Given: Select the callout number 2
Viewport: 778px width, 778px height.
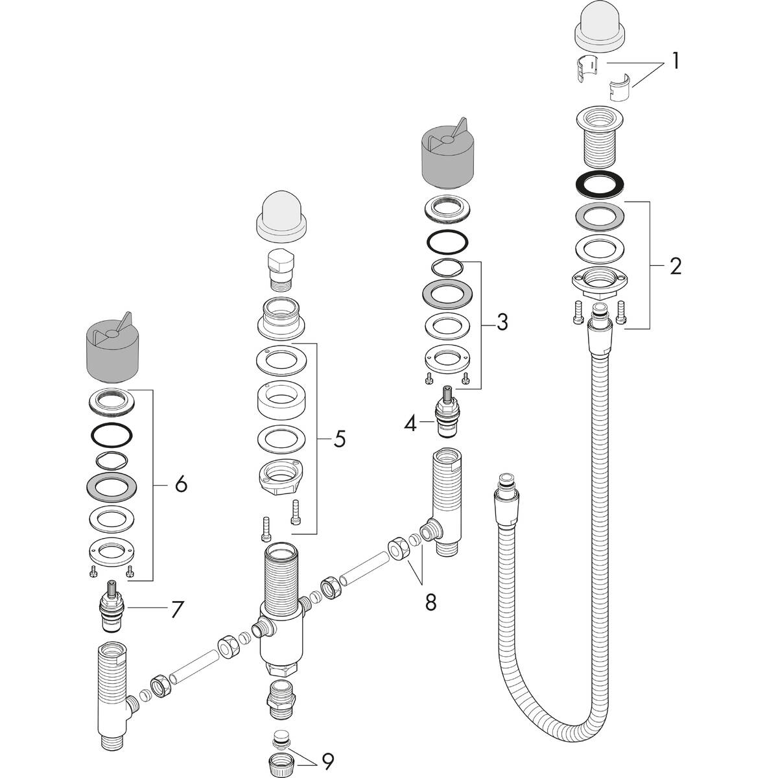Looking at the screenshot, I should [675, 266].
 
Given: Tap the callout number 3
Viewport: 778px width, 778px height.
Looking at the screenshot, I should [502, 322].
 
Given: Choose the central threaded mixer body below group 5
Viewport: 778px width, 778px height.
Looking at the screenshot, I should [281, 603].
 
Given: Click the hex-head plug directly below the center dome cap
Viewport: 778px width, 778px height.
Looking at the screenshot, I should [281, 267].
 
